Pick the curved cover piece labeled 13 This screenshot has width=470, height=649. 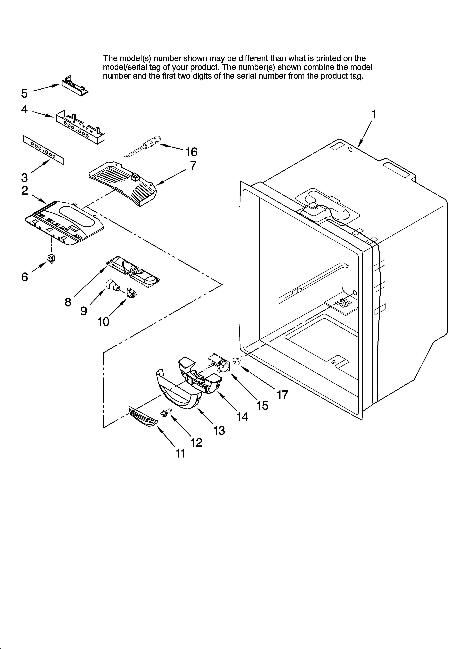(x=177, y=392)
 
